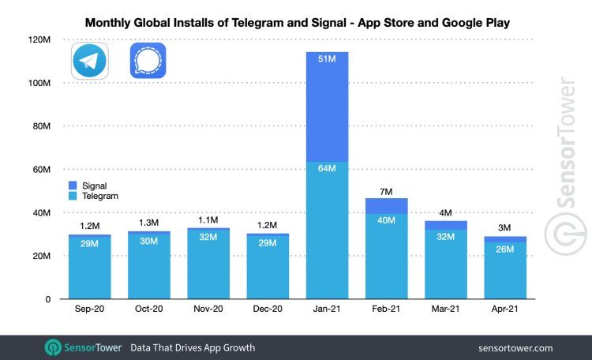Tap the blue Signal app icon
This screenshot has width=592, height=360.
[x=148, y=62]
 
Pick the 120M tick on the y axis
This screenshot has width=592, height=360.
[x=39, y=39]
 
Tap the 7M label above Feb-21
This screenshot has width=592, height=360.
[x=387, y=190]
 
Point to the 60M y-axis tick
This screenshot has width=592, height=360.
[x=41, y=170]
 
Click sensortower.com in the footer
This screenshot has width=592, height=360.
[x=515, y=347]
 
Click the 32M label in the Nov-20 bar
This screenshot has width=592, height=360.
[x=208, y=238]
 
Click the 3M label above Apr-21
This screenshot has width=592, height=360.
[x=505, y=229]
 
